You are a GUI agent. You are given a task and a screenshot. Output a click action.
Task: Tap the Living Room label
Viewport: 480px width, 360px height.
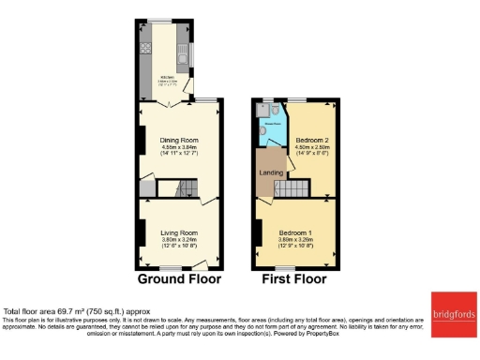178,232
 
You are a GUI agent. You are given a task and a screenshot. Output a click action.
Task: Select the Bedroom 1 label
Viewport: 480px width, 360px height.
295,232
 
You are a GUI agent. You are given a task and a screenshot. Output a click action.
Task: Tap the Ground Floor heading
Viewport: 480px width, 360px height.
179,278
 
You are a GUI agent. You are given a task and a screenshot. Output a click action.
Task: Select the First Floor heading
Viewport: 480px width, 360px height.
294,278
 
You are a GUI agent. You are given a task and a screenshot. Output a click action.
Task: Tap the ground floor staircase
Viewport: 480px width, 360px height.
169,188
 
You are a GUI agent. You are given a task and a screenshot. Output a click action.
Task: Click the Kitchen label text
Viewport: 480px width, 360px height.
165,77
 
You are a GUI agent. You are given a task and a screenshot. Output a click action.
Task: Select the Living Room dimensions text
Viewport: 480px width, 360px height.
178,243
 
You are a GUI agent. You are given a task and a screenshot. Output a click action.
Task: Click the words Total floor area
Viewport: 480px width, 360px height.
28,311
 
